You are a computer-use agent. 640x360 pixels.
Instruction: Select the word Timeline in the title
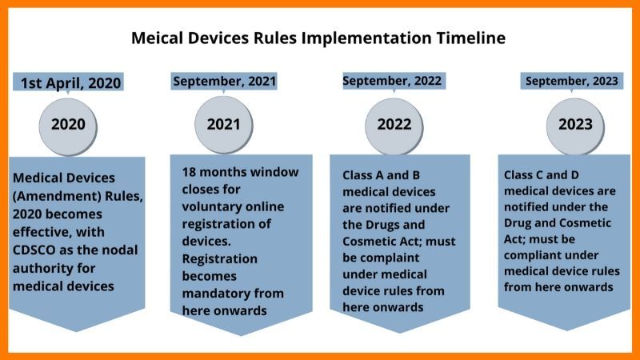tap(471, 38)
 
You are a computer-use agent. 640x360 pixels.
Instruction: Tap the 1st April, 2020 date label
tap(68, 82)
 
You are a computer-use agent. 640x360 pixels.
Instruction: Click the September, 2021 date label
tap(224, 82)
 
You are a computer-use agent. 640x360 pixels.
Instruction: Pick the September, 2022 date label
tap(393, 81)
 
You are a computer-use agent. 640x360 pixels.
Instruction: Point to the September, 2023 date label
tap(572, 81)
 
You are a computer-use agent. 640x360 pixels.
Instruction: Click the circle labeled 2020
tap(68, 126)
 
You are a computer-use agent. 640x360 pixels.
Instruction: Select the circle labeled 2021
tap(224, 125)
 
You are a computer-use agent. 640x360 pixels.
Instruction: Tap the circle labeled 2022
tap(394, 126)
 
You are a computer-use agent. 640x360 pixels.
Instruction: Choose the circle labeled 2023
tap(575, 126)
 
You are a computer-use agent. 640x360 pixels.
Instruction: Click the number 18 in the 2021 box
tap(189, 172)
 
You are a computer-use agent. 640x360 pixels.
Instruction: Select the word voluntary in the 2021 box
tap(207, 207)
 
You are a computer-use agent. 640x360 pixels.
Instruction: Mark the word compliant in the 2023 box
tap(530, 255)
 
